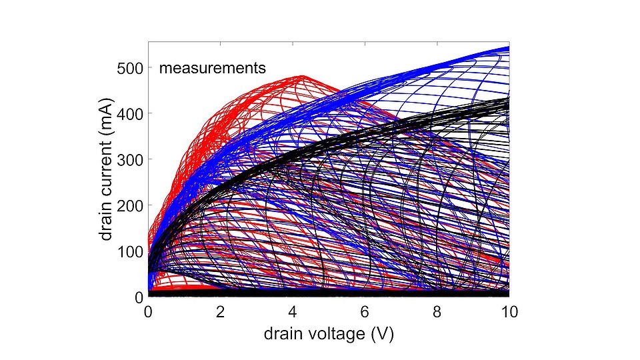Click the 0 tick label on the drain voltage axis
click(x=148, y=311)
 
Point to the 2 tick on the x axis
click(x=220, y=311)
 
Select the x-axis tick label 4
click(x=292, y=311)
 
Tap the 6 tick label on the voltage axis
click(x=365, y=311)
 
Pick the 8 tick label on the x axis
click(x=437, y=311)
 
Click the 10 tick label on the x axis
click(x=509, y=311)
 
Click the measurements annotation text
click(x=212, y=68)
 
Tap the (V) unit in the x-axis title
click(x=381, y=333)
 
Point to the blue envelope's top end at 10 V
click(x=507, y=48)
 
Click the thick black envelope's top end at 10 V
click(x=507, y=99)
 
